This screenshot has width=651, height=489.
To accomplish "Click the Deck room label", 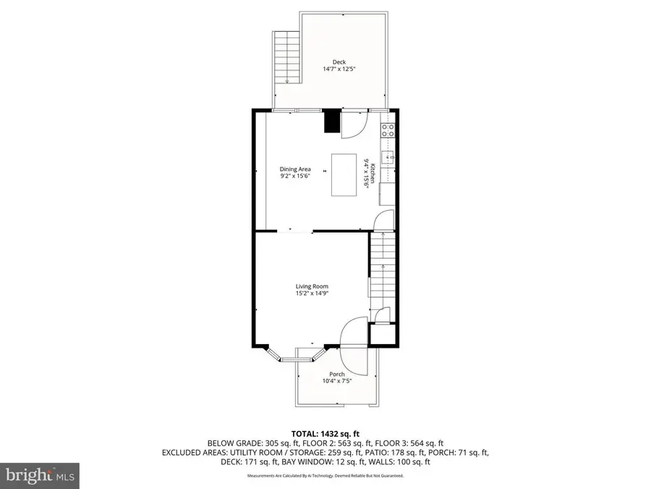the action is (x=339, y=62).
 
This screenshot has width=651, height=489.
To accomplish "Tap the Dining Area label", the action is (x=295, y=170).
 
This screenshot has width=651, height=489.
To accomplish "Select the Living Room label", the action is (x=312, y=286).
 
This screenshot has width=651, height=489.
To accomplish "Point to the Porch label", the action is (x=337, y=375).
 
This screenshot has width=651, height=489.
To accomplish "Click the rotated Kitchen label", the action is (x=373, y=173).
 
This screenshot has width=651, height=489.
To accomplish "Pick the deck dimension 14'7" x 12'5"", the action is (x=339, y=69).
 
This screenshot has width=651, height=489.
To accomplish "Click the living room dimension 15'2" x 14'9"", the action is (x=312, y=293).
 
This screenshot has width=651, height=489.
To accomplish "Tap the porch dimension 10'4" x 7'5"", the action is (x=337, y=381).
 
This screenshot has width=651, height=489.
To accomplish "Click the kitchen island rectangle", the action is (x=344, y=175).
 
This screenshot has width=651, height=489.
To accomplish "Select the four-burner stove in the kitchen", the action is (x=388, y=130).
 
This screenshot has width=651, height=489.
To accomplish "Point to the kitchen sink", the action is (x=388, y=158).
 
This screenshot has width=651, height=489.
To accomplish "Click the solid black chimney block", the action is (x=332, y=121).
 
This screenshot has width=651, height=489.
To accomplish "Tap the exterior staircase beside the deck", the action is (x=286, y=57).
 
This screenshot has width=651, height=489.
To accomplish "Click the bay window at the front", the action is (x=295, y=354).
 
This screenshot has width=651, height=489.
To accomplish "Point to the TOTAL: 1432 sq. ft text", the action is (x=325, y=435).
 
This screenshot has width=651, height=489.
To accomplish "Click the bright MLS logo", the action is (x=40, y=475).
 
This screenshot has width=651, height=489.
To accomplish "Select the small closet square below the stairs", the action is (x=383, y=334).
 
